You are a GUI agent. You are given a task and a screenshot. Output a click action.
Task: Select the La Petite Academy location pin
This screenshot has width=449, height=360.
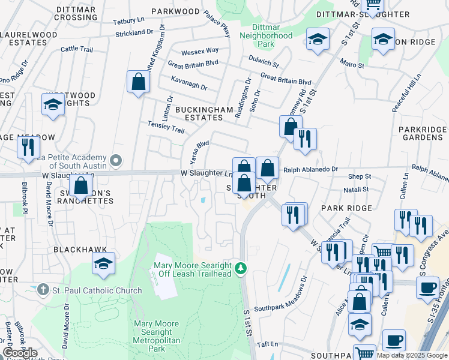116,161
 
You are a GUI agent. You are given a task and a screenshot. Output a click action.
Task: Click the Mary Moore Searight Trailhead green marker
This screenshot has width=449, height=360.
241,267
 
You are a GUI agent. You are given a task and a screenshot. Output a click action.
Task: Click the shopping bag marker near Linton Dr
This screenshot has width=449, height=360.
138,82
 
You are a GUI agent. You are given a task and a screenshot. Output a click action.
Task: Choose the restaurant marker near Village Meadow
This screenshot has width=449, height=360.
28,146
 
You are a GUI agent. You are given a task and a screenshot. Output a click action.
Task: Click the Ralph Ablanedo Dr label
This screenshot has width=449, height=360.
311,170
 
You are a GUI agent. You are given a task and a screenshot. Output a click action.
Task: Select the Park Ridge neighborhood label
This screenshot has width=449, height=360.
346,208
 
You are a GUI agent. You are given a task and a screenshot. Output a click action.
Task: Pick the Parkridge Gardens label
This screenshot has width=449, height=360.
423,133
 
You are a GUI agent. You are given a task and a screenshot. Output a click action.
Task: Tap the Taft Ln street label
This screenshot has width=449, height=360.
267,344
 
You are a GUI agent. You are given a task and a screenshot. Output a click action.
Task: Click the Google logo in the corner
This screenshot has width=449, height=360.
19,353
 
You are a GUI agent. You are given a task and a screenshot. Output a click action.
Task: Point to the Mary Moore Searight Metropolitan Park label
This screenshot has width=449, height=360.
156,336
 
